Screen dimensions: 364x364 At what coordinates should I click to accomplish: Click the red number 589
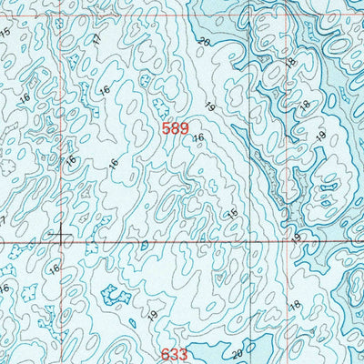coord(176,129)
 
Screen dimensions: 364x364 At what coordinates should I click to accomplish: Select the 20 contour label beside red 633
coord(238,353)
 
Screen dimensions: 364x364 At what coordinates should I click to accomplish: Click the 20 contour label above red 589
coord(204,43)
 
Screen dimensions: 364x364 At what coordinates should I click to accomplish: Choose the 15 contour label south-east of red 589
coord(232,213)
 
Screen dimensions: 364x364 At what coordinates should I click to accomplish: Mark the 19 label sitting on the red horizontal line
coord(297,237)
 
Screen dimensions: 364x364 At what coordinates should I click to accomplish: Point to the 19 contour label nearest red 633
coord(152,315)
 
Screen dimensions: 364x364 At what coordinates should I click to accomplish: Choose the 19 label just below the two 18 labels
coord(320,136)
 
